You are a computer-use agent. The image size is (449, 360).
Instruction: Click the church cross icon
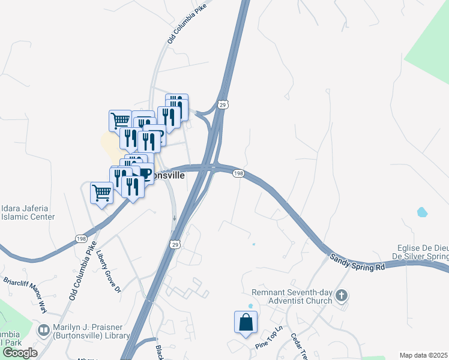click(x=342, y=295)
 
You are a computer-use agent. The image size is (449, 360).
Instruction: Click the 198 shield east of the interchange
click(x=238, y=173)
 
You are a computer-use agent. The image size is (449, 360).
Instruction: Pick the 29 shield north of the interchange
click(x=223, y=104)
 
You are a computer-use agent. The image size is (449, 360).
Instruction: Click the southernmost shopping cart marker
click(x=101, y=193)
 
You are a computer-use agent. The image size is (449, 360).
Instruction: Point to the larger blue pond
click(x=422, y=212)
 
